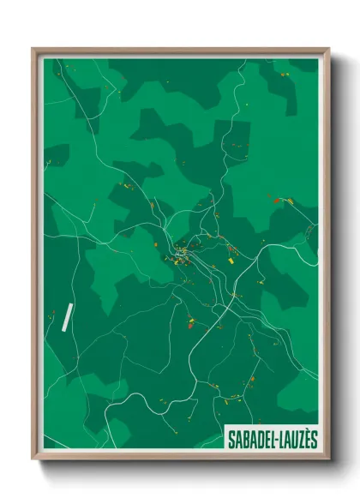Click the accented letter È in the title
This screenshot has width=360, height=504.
[306, 438]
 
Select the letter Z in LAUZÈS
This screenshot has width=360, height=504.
[299, 438]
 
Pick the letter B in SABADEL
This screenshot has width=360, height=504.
[243, 438]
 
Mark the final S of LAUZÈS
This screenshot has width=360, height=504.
[313, 438]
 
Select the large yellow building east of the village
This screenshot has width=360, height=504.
[231, 254]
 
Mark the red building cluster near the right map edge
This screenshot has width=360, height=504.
[282, 201]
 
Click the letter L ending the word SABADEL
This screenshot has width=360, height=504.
[269, 438]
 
